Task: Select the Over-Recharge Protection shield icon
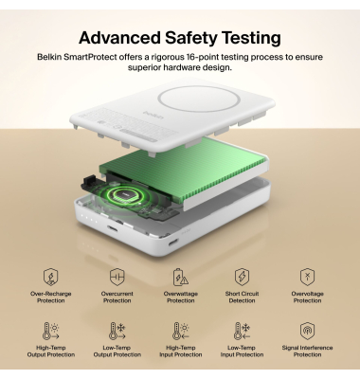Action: pos(50,277)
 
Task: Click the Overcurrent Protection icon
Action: pos(117,277)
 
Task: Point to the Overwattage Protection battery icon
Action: pos(181,277)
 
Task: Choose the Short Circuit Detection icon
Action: pos(242,277)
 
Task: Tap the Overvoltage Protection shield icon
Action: pos(307,277)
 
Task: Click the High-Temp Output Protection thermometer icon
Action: pos(51,331)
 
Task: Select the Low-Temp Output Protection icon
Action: pos(117,331)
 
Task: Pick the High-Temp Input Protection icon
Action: pos(181,331)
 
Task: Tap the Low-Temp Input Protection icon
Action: pos(242,331)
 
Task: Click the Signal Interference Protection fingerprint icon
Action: pos(307,331)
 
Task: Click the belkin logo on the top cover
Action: pos(153,115)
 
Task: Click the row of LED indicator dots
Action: pos(88,218)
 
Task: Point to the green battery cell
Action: pos(183,171)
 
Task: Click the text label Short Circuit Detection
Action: pos(242,298)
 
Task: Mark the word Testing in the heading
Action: pos(253,39)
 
